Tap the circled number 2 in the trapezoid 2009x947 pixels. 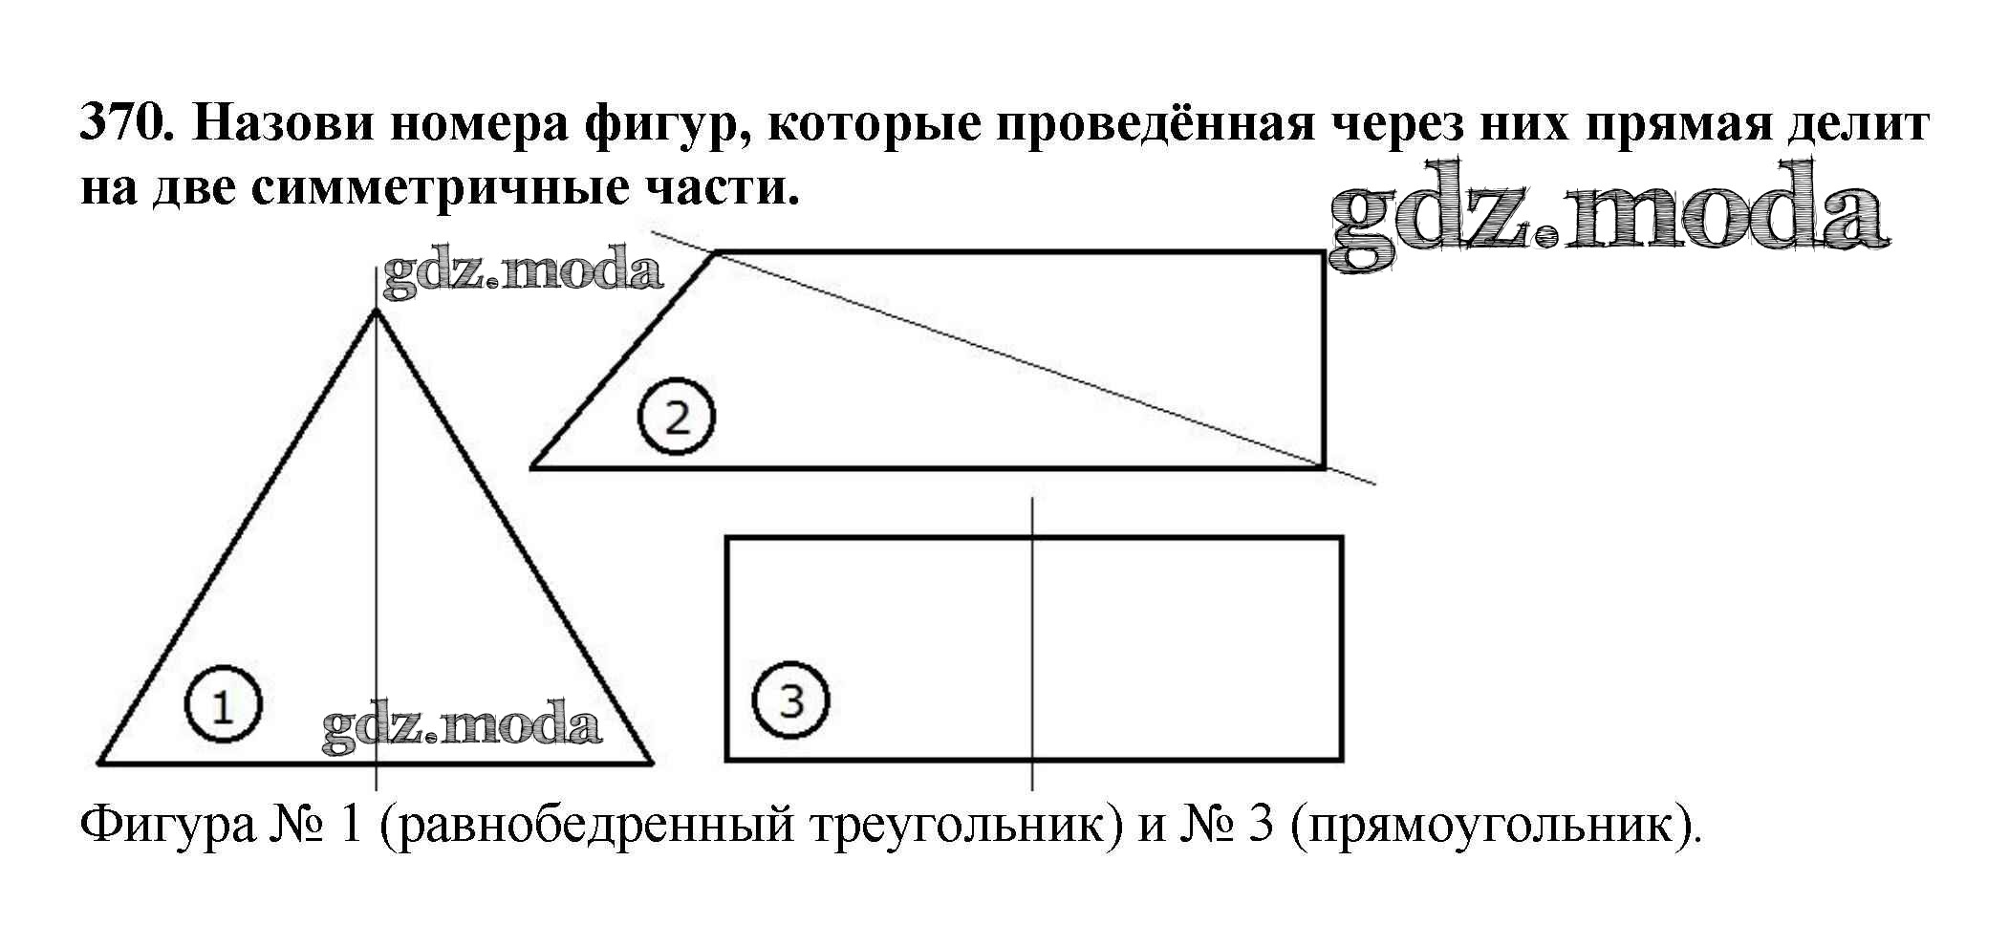tap(677, 418)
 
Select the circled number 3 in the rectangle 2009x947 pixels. tap(790, 701)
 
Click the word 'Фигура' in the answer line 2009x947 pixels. tap(168, 824)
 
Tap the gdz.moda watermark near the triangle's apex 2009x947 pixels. tap(522, 272)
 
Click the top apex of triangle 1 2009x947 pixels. tap(376, 311)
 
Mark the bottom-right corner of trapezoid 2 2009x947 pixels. tap(1324, 467)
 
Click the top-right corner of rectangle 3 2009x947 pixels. tap(1341, 538)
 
